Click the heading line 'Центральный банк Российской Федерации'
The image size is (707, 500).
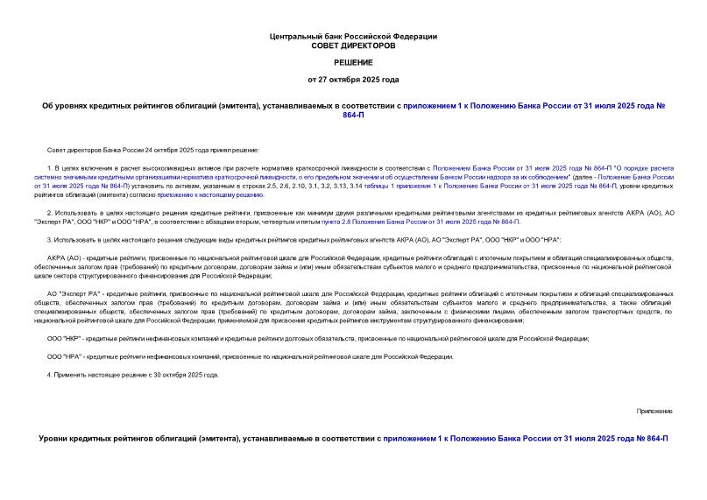click(353, 36)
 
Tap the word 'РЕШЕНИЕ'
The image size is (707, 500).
click(353, 62)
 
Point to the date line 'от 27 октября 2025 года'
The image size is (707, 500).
click(353, 80)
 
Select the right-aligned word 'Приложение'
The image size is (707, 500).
click(654, 410)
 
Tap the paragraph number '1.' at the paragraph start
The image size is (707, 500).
click(50, 166)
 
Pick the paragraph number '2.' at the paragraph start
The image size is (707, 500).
click(50, 213)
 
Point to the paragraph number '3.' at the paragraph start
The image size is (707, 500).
click(50, 239)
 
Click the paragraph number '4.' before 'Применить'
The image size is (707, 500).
click(50, 374)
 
